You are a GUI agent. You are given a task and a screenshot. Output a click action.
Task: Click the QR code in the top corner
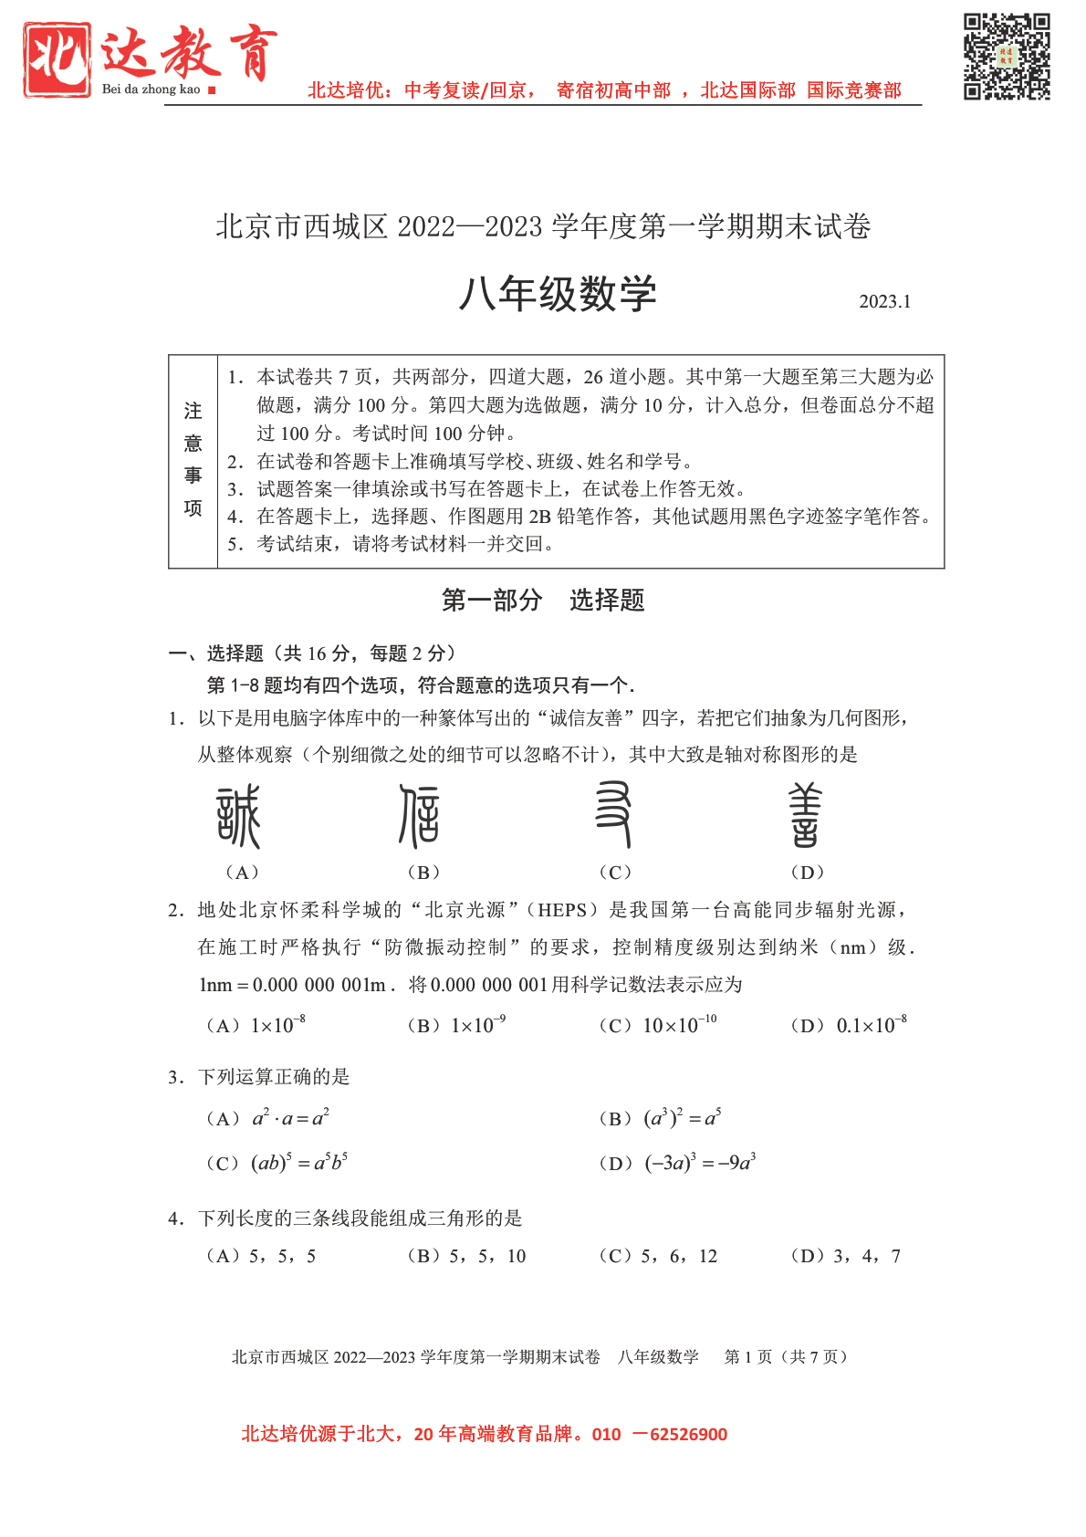[1007, 56]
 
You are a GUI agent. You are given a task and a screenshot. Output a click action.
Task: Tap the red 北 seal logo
[57, 58]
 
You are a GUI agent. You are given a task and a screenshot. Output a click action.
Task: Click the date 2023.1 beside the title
[884, 302]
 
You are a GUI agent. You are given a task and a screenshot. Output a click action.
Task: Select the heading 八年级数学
[557, 295]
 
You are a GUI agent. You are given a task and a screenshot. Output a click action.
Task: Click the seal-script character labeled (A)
[239, 817]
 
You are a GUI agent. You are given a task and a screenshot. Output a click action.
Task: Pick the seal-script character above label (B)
[420, 816]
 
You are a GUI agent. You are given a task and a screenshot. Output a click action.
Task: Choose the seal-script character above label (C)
[613, 814]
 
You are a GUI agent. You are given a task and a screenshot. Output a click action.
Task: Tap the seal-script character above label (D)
[805, 815]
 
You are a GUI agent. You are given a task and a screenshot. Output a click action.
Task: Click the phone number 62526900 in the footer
[689, 1434]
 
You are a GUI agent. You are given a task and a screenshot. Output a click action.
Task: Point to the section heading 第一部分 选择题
[543, 600]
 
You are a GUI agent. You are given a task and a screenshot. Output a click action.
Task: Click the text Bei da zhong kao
[151, 89]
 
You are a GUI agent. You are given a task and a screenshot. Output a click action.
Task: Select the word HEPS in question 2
[562, 910]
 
